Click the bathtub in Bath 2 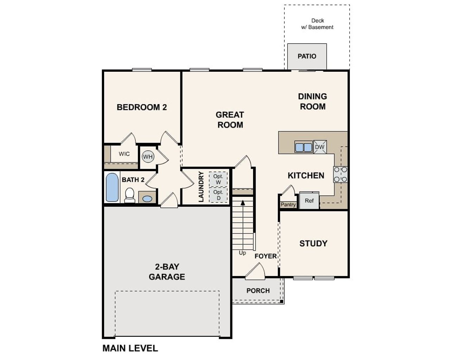(112, 187)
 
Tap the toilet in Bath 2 (130, 195)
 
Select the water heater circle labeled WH (148, 156)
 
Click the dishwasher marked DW (320, 147)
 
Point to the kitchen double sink (303, 147)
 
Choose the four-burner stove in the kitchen (340, 174)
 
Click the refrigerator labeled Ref (309, 201)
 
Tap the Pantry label (288, 205)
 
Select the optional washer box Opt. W (218, 179)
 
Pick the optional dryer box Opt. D (218, 195)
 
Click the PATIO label (307, 56)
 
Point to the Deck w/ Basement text (317, 24)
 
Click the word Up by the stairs (242, 253)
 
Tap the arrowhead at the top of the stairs (243, 202)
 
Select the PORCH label (258, 291)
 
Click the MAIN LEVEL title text (130, 348)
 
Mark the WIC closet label (124, 154)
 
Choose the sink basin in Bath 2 (147, 199)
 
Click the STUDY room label (313, 243)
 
